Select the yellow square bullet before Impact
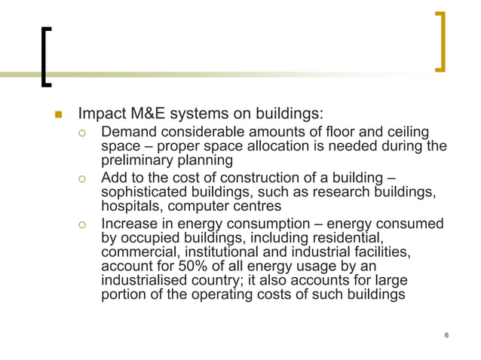pyautogui.click(x=57, y=115)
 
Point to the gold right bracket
pyautogui.click(x=440, y=41)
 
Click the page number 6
pyautogui.click(x=447, y=334)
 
